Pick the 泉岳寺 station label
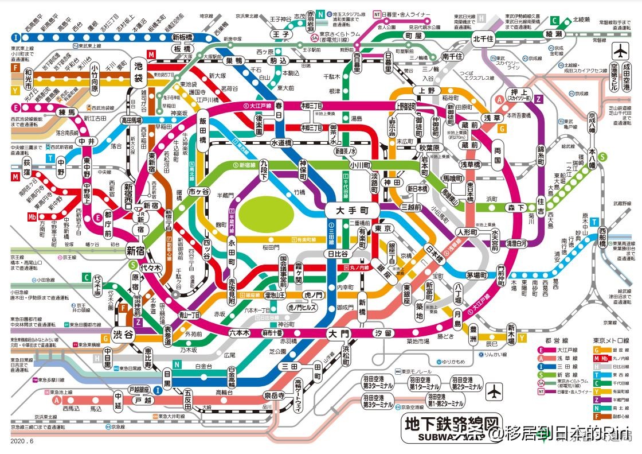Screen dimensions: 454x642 point(274,395)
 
